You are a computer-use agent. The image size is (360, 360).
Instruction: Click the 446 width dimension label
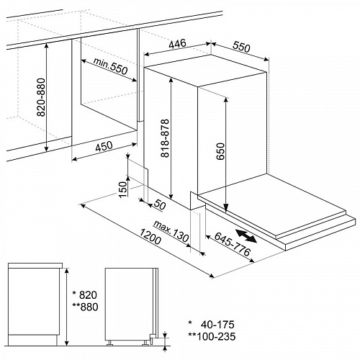coord(178,44)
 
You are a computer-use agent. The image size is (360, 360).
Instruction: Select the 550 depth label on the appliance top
coord(241,47)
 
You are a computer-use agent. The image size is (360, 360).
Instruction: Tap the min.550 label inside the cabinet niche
coord(110,66)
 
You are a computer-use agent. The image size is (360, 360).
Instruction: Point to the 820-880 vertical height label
coord(41,97)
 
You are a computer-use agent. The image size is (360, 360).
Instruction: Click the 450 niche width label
coord(104,146)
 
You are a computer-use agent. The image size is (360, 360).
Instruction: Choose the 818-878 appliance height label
coord(165,138)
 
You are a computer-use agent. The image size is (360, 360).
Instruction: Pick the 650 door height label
coord(220,151)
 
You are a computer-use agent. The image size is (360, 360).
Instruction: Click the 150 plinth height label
coord(122,189)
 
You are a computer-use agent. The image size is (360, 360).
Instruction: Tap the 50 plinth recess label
coord(159,204)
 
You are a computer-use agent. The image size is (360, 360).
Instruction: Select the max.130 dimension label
coord(171,231)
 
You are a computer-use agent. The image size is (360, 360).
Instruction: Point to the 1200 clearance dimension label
coord(150,236)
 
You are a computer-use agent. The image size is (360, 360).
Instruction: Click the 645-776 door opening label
coord(233,244)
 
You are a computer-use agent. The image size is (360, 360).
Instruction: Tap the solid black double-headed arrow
coord(246,235)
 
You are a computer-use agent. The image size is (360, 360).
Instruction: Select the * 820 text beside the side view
coord(84,294)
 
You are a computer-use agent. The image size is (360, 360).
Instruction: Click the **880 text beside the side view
coord(85,307)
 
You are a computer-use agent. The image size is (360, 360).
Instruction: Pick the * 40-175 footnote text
coord(211,325)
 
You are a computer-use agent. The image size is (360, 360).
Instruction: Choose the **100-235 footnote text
coord(212,336)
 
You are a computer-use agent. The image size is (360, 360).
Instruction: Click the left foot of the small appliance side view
coord(110,343)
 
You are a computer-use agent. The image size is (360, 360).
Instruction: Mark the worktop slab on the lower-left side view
coord(35,265)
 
